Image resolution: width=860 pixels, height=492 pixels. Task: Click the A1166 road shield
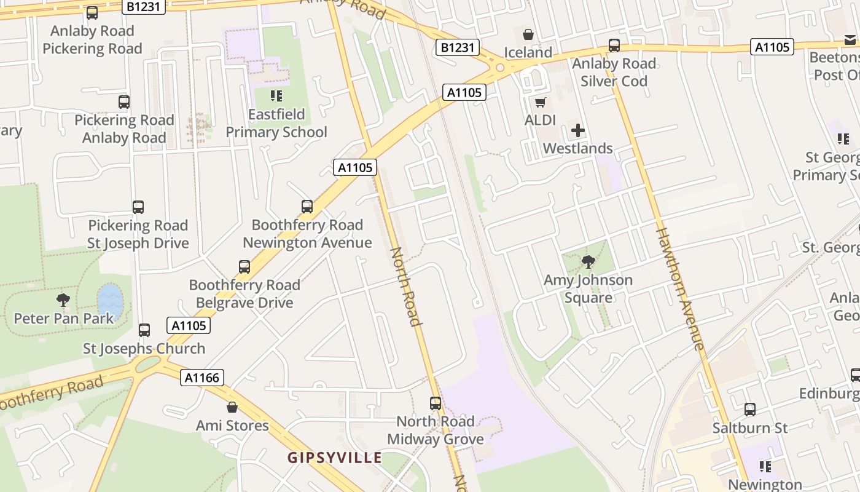tap(202, 378)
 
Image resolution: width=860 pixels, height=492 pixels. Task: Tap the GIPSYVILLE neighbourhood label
tap(335, 458)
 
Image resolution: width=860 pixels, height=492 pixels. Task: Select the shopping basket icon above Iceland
tap(528, 34)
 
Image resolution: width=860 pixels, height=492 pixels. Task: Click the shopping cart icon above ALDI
tap(540, 102)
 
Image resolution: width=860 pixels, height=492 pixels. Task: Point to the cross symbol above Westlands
tap(577, 130)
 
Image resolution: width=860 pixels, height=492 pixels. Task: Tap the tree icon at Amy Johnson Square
tap(588, 262)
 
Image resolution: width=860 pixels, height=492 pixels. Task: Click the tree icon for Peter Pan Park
tap(63, 300)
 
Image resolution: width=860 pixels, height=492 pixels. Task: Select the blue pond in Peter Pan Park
tap(111, 301)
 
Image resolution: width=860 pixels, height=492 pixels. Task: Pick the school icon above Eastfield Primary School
tap(276, 96)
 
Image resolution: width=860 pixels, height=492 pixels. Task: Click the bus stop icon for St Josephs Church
tap(144, 330)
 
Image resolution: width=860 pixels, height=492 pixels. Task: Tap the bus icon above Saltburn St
tap(749, 409)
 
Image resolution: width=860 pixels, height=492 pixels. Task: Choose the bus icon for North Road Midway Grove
tap(435, 403)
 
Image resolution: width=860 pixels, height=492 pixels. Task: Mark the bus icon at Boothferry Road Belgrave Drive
tap(244, 267)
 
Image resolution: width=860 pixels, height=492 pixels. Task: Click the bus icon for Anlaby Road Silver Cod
tap(614, 46)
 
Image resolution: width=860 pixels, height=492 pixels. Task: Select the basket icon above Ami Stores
tap(232, 407)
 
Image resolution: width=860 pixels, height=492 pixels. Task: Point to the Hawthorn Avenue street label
tap(679, 289)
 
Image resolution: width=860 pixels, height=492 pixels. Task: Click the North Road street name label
tap(406, 286)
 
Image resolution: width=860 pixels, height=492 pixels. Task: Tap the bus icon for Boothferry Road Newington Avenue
tap(307, 207)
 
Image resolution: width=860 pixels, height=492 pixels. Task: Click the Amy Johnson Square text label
tap(588, 289)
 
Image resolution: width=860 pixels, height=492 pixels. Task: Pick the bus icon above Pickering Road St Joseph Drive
tap(138, 207)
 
